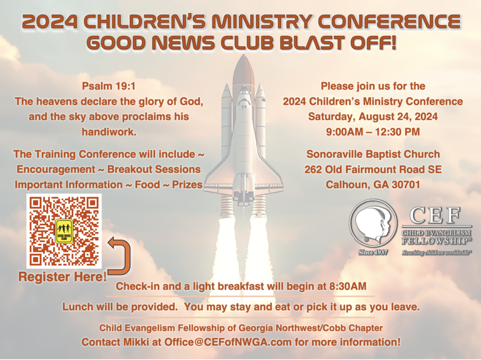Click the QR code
64,231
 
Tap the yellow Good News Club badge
64,231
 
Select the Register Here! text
62,276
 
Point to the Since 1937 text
373,253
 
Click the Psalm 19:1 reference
109,86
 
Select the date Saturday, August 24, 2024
372,116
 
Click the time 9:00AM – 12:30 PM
372,132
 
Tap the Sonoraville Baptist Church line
373,154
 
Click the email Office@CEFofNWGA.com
228,342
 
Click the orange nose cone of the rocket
244,70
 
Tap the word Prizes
187,184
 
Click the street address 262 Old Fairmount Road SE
373,169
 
